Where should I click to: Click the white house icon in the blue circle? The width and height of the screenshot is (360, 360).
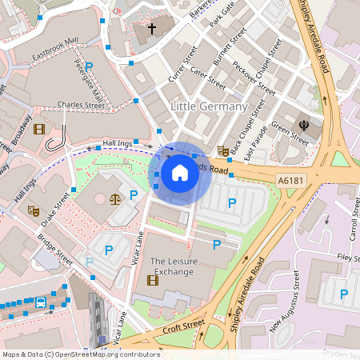click(x=180, y=172)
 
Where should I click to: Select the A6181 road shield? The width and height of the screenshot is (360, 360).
click(x=289, y=182)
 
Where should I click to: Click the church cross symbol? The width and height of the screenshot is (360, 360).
click(x=152, y=29)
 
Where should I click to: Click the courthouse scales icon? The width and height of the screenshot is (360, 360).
click(x=116, y=195)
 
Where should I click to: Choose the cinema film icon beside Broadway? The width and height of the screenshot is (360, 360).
click(x=39, y=129)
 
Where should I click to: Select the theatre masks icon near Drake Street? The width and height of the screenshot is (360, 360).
click(x=33, y=211)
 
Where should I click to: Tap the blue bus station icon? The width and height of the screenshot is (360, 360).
click(x=41, y=302)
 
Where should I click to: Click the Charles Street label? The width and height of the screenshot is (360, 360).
click(x=81, y=105)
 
